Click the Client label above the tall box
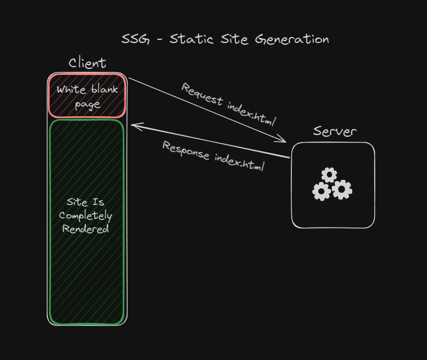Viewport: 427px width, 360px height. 87,63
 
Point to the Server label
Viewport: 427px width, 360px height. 335,131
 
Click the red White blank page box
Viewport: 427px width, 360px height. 87,96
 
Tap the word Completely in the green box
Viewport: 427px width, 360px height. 86,216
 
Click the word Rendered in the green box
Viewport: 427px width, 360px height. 86,229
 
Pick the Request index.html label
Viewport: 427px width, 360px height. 229,103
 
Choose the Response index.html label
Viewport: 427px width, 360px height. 214,156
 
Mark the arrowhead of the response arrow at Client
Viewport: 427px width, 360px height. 134,126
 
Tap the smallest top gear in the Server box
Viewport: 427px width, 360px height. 329,174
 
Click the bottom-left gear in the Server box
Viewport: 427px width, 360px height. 321,191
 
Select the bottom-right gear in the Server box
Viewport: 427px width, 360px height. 342,189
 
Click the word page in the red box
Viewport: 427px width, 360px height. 87,104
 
